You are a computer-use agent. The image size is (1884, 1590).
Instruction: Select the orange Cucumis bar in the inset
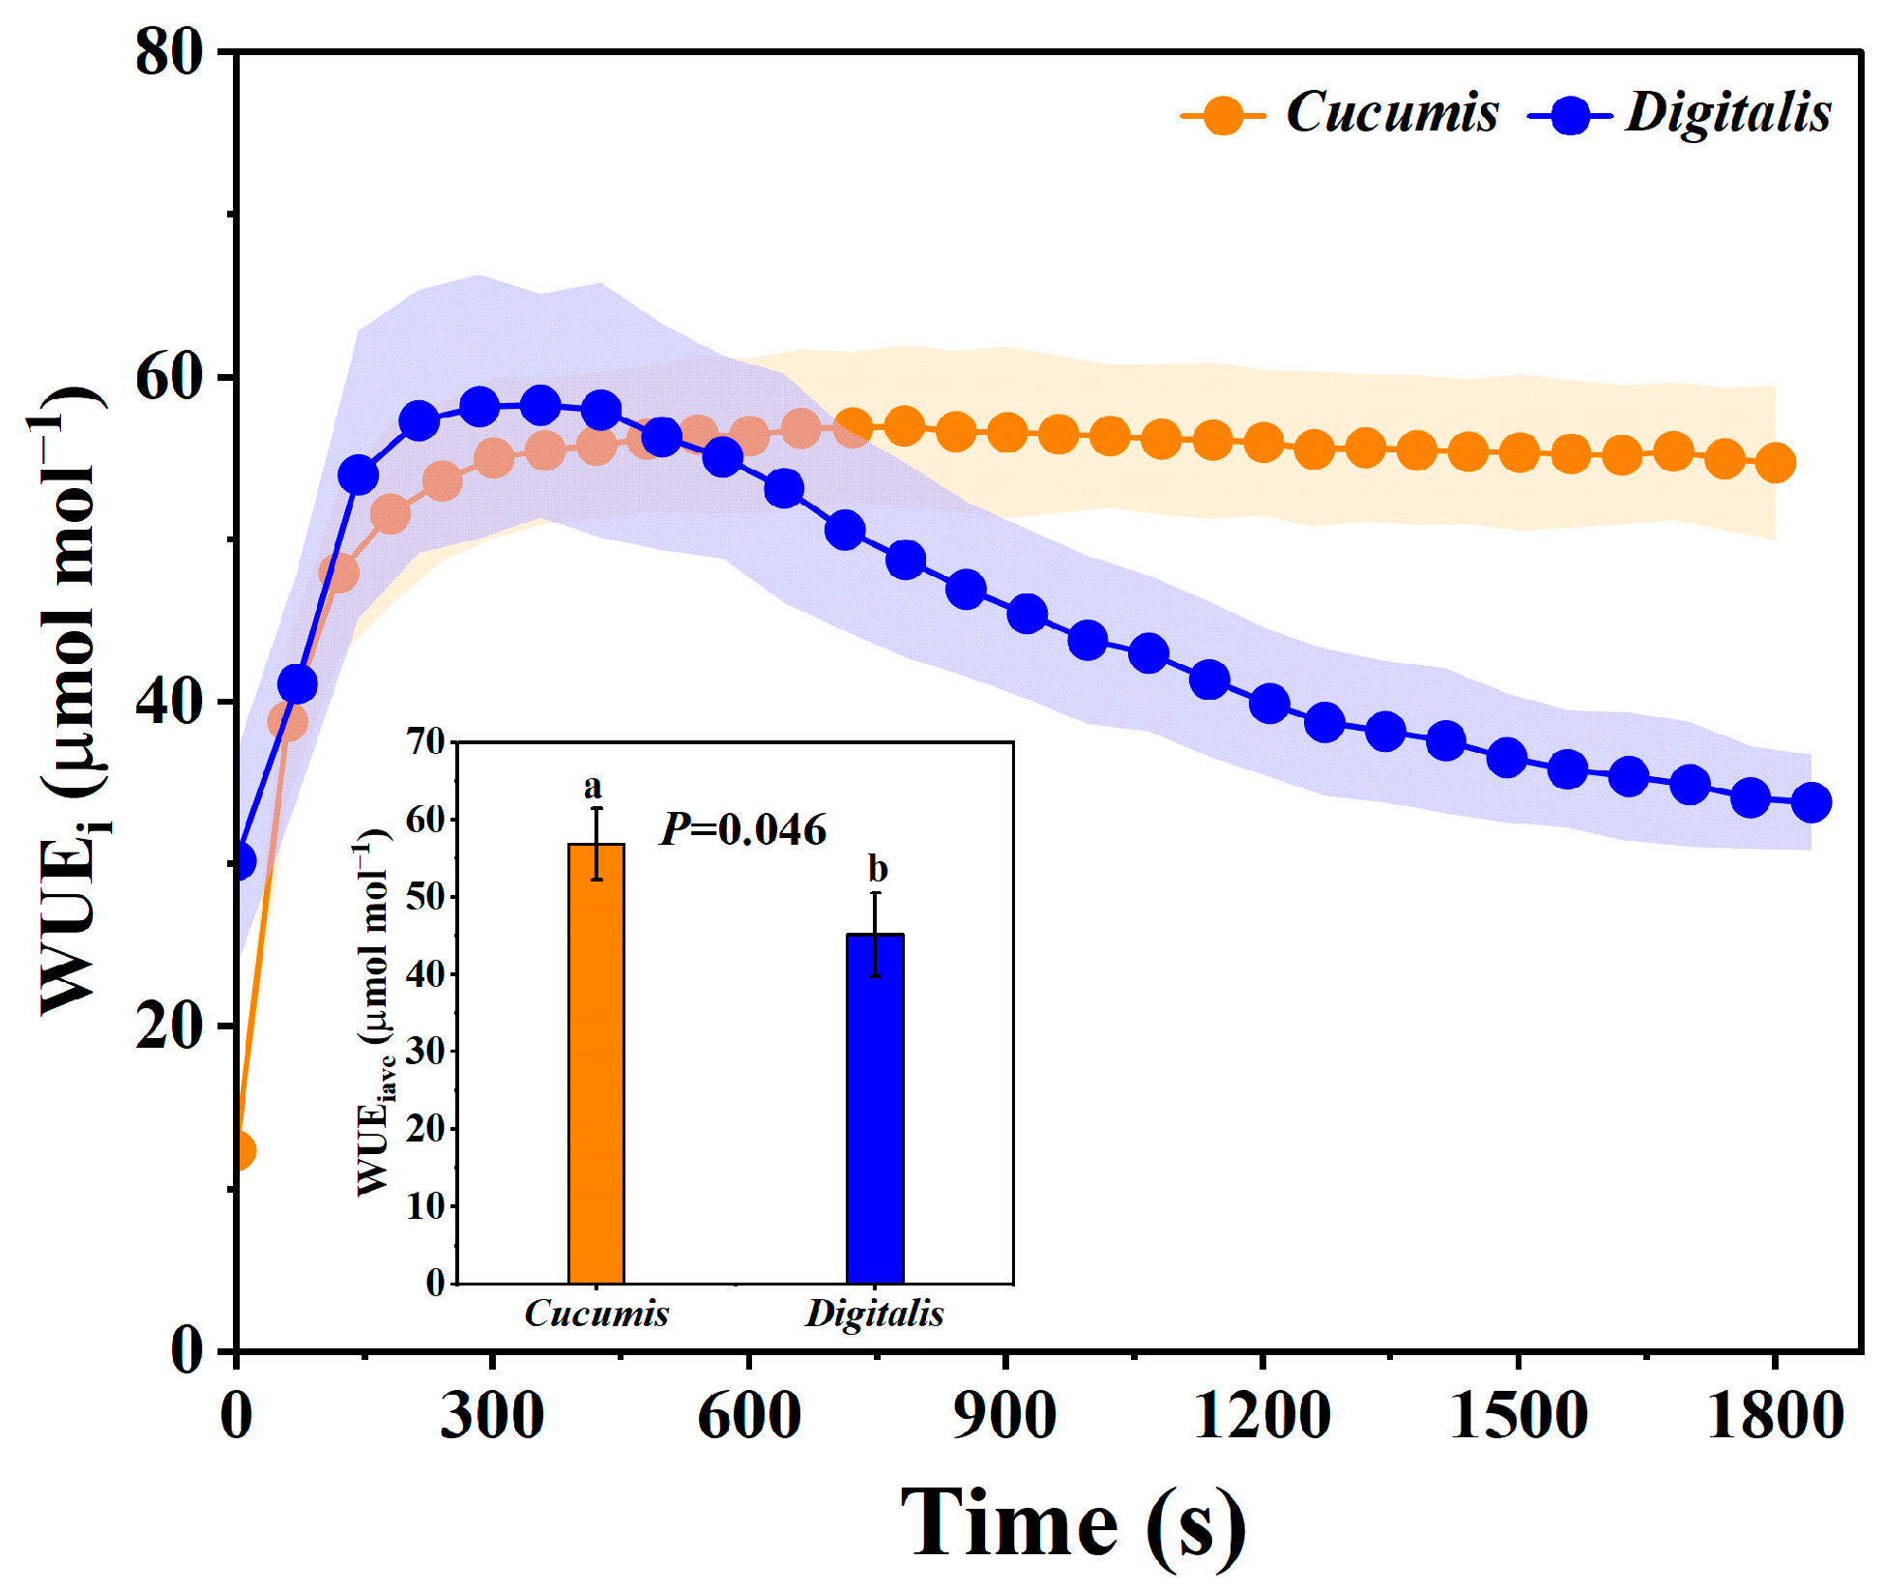(x=595, y=1063)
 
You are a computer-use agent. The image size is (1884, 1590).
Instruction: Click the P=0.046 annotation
(x=743, y=829)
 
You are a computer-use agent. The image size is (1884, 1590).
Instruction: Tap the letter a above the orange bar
(x=593, y=787)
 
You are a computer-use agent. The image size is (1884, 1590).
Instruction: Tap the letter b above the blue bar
(x=877, y=869)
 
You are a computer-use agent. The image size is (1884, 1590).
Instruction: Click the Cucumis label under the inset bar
(x=596, y=1314)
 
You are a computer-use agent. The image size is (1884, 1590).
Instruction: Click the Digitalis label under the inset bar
(x=875, y=1314)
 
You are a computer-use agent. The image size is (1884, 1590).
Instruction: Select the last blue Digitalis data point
(x=1811, y=802)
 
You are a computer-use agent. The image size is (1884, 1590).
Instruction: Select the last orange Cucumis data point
(x=1776, y=463)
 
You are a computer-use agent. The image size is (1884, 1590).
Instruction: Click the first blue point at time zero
(x=240, y=860)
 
